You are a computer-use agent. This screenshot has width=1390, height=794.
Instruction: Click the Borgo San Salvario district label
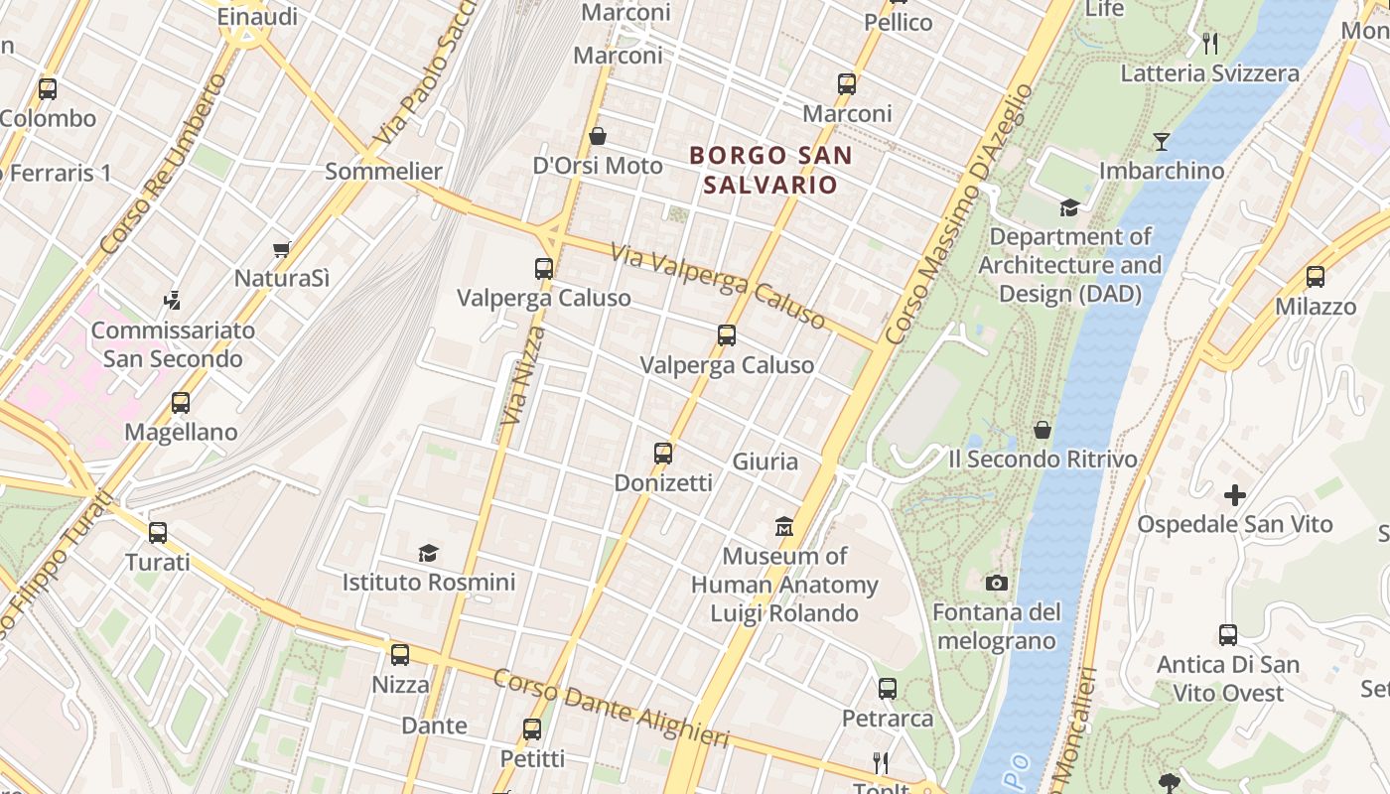pos(770,170)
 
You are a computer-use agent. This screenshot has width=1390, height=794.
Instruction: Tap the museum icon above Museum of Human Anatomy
pos(784,525)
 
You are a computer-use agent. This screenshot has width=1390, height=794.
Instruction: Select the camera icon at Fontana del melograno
pos(997,583)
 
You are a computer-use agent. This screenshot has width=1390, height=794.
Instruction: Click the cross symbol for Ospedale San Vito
pos(1234,494)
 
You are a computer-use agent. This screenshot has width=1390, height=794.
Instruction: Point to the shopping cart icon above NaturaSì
pos(282,249)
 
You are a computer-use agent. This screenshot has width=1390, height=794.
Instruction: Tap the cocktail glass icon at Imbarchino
pos(1161,141)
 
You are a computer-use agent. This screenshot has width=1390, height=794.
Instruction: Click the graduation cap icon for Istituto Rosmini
pos(428,553)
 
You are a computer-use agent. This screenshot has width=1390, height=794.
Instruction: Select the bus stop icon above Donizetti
pos(663,454)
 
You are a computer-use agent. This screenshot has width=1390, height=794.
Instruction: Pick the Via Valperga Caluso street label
pos(718,287)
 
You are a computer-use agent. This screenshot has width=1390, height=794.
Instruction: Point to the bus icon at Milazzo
pos(1316,277)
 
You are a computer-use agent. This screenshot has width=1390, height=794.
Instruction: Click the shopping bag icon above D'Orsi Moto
pos(598,136)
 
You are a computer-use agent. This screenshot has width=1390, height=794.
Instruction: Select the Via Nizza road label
pos(523,376)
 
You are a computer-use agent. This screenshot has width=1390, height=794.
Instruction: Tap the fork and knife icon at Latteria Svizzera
pos(1209,44)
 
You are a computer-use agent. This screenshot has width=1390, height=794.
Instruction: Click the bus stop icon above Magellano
pos(180,403)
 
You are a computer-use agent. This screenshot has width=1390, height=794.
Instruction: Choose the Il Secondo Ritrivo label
pos(1042,460)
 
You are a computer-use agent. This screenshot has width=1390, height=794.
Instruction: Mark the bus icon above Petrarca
pos(888,688)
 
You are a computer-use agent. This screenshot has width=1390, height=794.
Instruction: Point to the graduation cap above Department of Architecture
pos(1069,207)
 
